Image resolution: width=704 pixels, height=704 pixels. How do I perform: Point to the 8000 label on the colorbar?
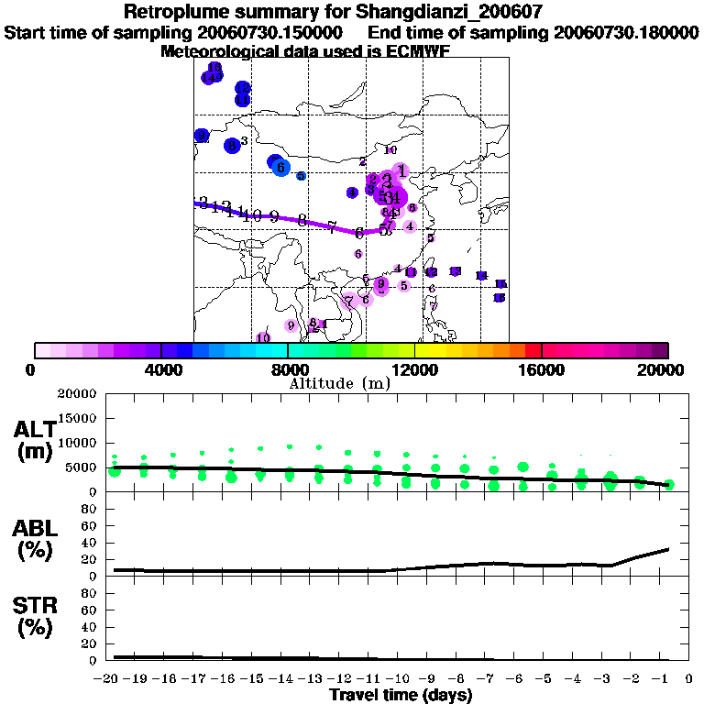pyautogui.click(x=288, y=370)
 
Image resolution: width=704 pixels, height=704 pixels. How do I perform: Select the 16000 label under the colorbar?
pyautogui.click(x=542, y=370)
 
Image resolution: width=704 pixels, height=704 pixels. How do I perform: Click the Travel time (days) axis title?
pyautogui.click(x=401, y=695)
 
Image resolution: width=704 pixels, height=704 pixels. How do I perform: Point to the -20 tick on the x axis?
pyautogui.click(x=108, y=679)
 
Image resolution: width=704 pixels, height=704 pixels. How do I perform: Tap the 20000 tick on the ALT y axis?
pyautogui.click(x=77, y=394)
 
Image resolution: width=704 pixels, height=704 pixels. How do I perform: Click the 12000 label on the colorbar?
pyautogui.click(x=414, y=370)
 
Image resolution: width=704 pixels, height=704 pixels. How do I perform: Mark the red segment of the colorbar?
pyautogui.click(x=533, y=350)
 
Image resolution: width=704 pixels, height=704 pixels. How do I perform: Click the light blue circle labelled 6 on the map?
pyautogui.click(x=281, y=168)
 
